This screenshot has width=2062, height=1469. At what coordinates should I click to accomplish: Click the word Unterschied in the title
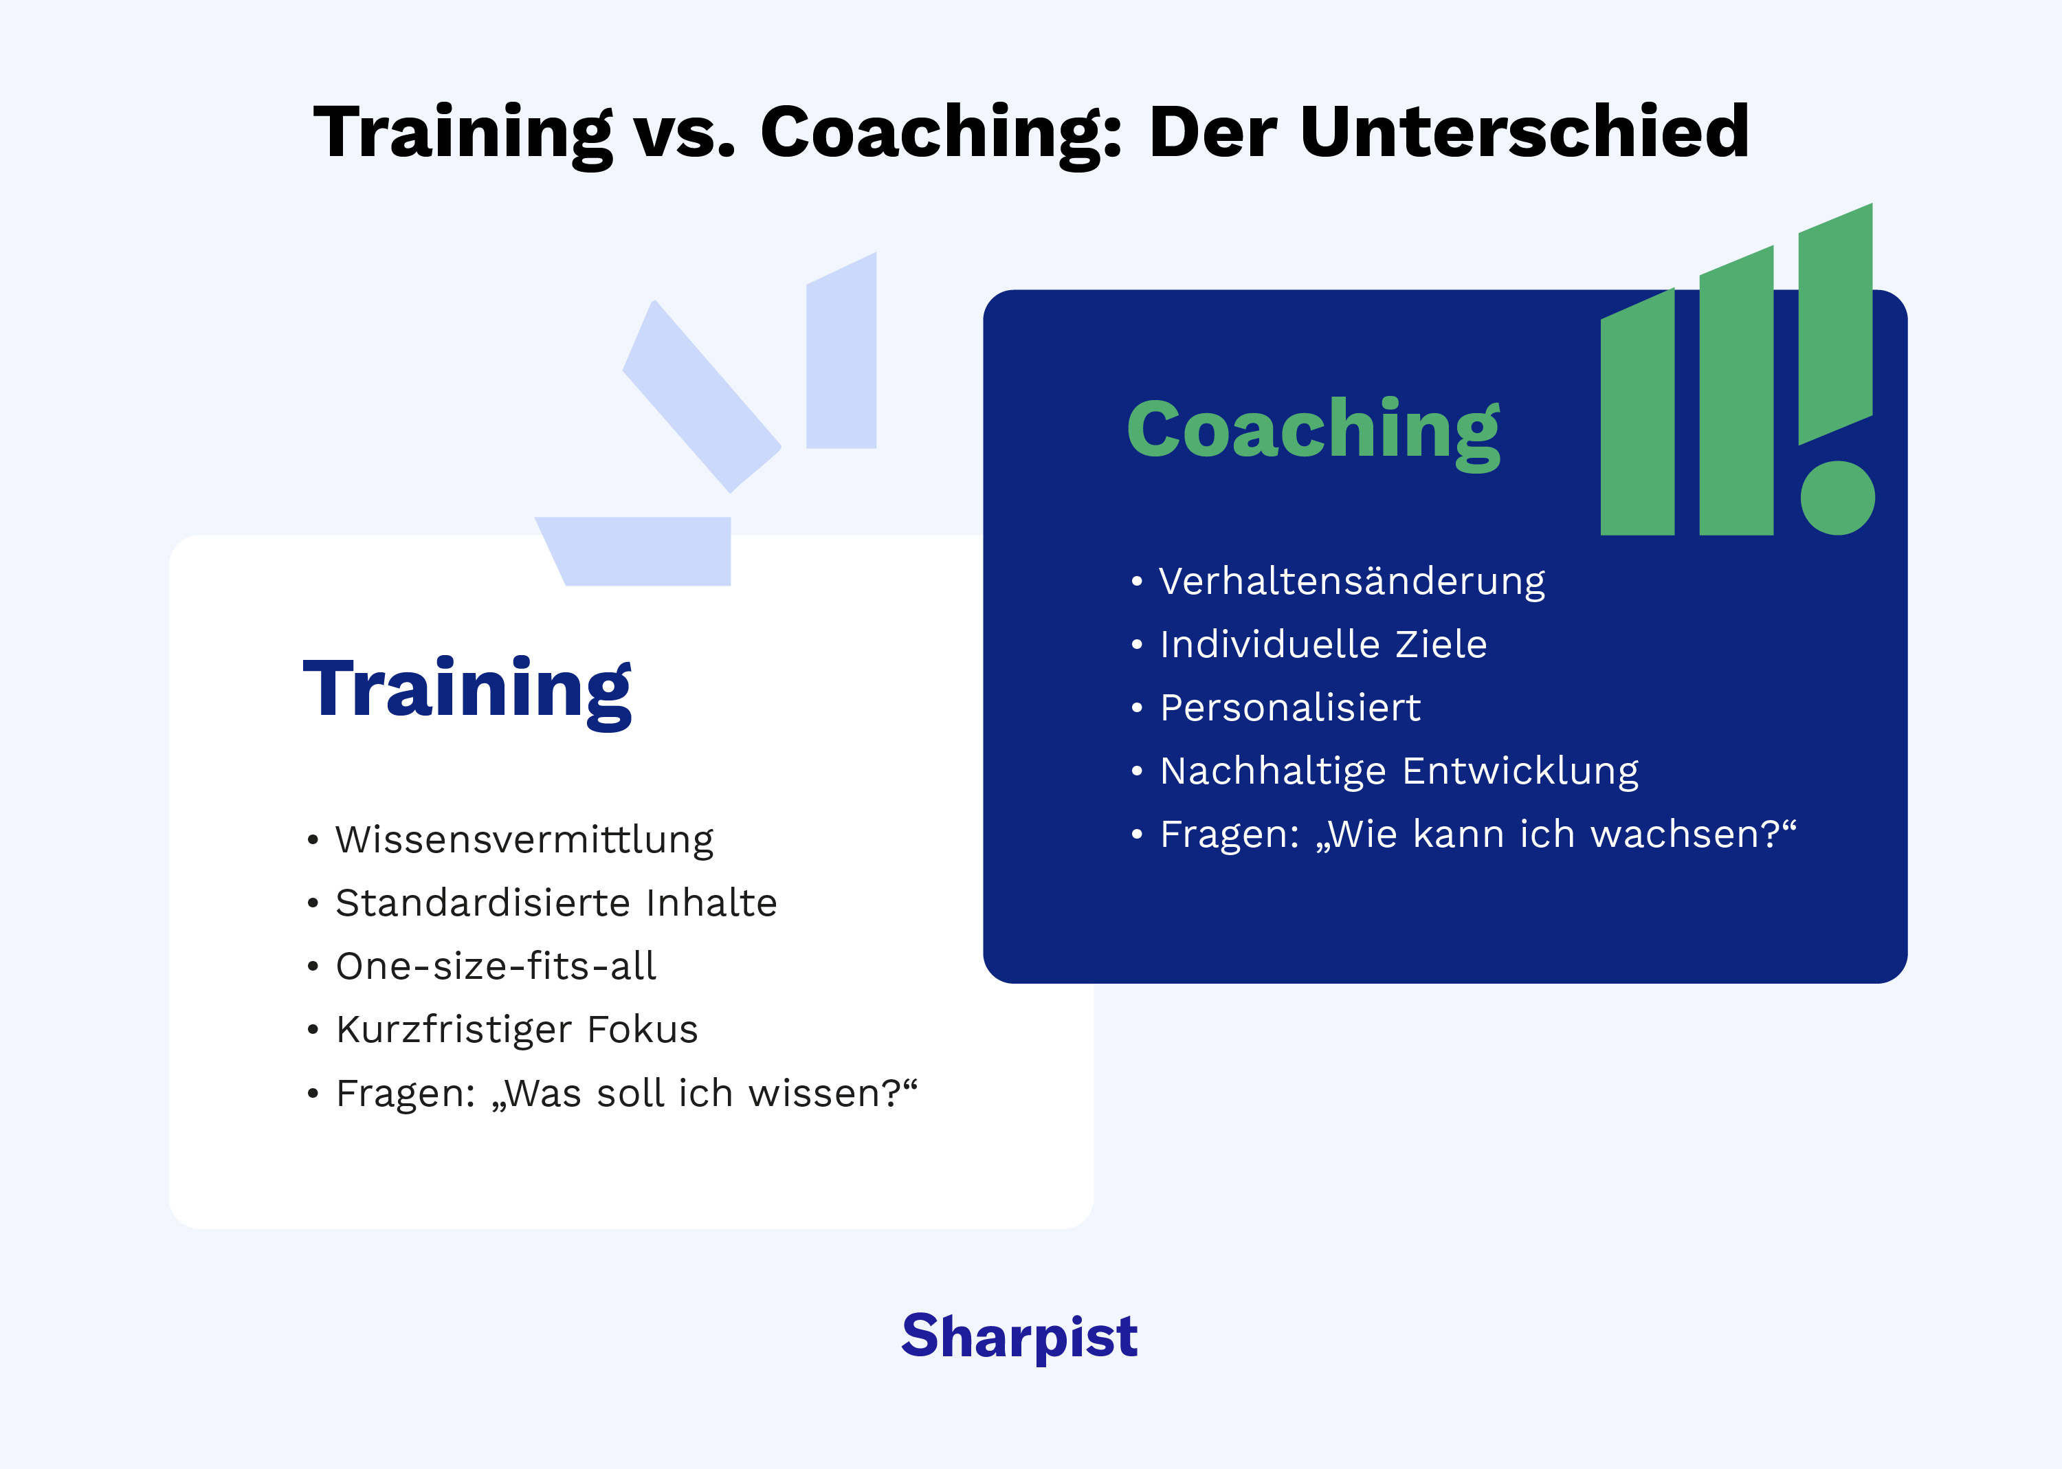click(x=1524, y=132)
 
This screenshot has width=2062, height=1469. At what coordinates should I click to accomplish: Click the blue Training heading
click(x=467, y=689)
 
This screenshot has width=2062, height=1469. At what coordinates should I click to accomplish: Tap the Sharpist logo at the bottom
click(x=1019, y=1336)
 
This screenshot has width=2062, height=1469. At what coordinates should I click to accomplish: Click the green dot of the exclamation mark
click(x=1837, y=498)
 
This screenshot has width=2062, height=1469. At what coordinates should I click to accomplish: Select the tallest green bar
click(x=1835, y=324)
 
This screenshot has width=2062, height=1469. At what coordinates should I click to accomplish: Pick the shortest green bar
click(x=1637, y=416)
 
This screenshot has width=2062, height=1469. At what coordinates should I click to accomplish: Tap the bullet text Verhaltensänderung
click(x=1351, y=582)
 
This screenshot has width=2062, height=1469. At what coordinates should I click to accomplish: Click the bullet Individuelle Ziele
click(x=1322, y=645)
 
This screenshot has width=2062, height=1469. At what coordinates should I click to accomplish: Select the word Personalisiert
click(x=1289, y=708)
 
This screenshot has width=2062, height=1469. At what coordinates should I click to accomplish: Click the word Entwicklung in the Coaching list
click(x=1520, y=771)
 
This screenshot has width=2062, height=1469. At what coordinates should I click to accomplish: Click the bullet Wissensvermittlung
click(x=524, y=840)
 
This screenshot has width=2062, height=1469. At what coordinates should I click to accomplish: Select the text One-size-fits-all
click(x=495, y=966)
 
